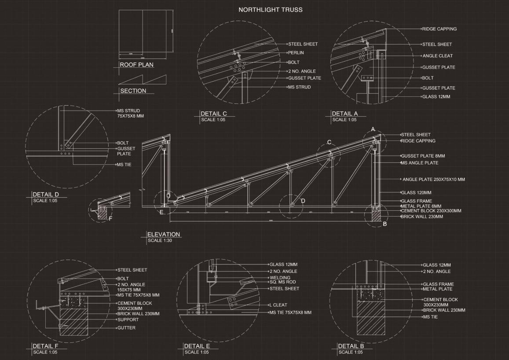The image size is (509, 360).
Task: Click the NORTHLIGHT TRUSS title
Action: [270, 10]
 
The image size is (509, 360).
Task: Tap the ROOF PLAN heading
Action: [137, 65]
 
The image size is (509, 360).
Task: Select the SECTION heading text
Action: [133, 91]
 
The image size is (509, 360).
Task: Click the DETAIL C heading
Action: [214, 114]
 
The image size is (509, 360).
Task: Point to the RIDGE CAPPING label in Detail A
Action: [439, 29]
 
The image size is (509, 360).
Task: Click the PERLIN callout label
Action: [296, 53]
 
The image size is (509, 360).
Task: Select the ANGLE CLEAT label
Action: [437, 56]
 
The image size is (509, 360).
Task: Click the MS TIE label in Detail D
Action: [124, 165]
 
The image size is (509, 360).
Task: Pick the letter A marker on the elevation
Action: [373, 129]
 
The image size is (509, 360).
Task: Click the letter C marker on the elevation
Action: [329, 142]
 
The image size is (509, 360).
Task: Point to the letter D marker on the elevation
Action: [303, 201]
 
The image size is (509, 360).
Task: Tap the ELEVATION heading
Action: [164, 235]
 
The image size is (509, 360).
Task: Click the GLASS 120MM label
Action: [416, 193]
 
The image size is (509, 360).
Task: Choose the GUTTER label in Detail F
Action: [126, 328]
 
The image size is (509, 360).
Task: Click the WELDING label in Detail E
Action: [280, 278]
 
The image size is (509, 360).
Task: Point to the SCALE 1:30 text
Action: [160, 241]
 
